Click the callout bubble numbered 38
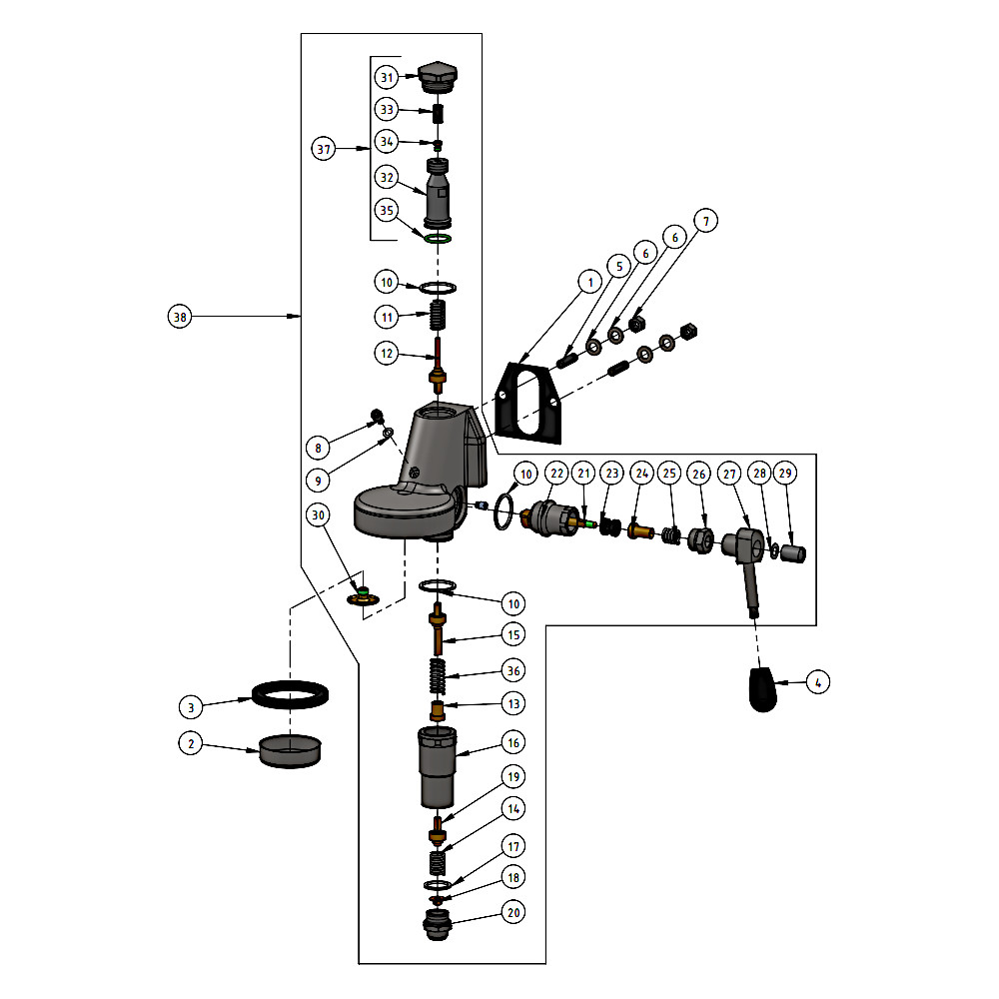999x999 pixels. (x=180, y=317)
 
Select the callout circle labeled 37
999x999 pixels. (x=323, y=150)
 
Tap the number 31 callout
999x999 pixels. (x=387, y=77)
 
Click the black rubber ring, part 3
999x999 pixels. (x=291, y=692)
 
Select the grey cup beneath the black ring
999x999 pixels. (x=291, y=750)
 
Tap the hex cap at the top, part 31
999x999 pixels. (x=437, y=76)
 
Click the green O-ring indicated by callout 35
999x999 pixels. (x=438, y=240)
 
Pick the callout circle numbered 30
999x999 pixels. (x=319, y=515)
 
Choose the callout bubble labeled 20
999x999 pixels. (x=513, y=912)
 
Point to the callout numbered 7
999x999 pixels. (x=706, y=222)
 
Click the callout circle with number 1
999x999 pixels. (x=590, y=283)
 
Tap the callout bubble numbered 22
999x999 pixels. (x=556, y=472)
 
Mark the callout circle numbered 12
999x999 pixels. (x=387, y=353)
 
